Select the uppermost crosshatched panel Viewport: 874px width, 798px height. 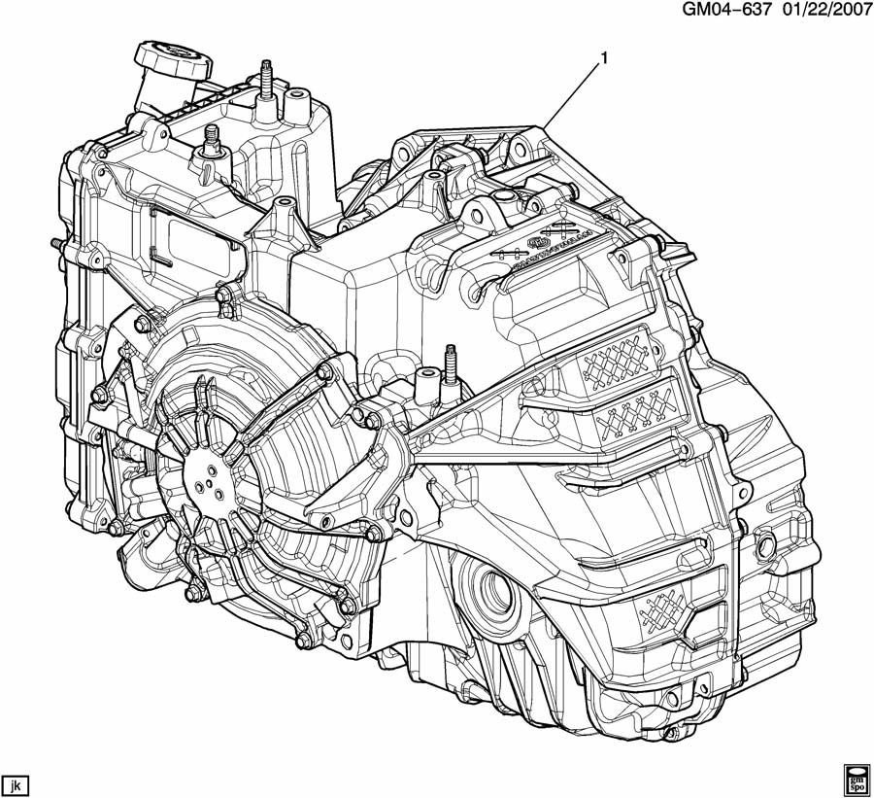point(615,361)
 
